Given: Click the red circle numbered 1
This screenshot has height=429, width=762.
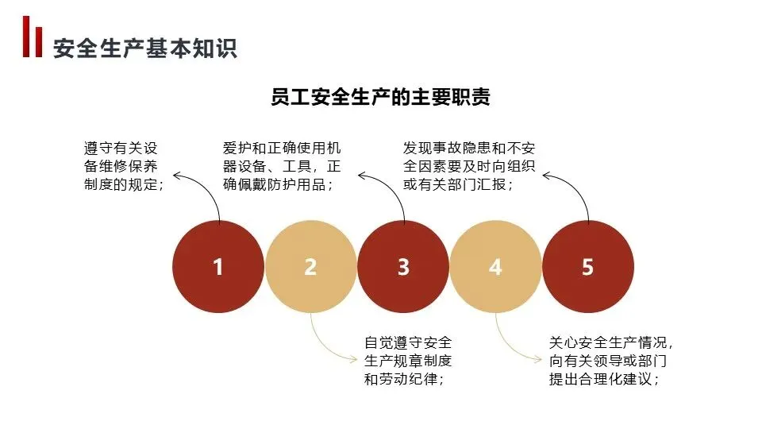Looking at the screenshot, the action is [x=218, y=267].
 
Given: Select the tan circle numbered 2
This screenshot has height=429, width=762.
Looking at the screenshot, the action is [x=310, y=267].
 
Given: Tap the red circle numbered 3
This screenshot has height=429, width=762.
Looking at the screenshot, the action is [x=403, y=267].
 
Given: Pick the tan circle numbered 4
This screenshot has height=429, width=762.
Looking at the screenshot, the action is [x=495, y=267].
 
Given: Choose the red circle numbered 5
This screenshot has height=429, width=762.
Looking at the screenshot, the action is [x=587, y=267].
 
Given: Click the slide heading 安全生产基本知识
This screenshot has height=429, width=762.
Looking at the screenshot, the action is [x=145, y=48].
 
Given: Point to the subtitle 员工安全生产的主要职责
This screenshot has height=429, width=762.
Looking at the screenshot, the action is [x=380, y=98].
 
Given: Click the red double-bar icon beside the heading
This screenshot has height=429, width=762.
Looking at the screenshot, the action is [x=33, y=37].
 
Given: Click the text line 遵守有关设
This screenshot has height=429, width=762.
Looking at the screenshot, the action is [x=121, y=148].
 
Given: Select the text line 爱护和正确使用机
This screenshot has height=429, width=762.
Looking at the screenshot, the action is [x=282, y=148].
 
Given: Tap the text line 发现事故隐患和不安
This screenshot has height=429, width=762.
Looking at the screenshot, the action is [x=468, y=148].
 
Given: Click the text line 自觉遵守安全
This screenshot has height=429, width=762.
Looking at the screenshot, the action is [x=408, y=342].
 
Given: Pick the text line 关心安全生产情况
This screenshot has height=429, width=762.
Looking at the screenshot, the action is [x=611, y=342].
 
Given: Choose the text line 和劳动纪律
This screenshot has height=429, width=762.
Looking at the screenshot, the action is [x=403, y=379].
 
